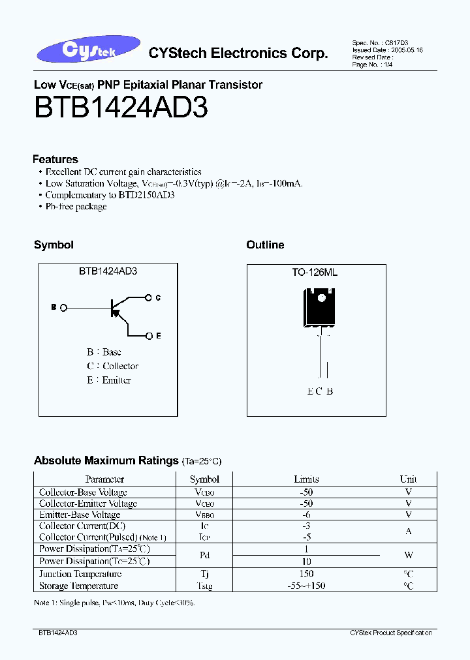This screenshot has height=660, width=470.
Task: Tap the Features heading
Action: pyautogui.click(x=55, y=159)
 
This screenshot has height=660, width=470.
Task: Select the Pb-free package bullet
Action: pyautogui.click(x=76, y=207)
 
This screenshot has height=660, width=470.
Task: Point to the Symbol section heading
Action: pyautogui.click(x=54, y=245)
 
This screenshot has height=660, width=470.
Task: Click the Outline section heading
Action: pyautogui.click(x=265, y=245)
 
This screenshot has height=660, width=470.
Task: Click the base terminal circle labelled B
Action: pyautogui.click(x=63, y=307)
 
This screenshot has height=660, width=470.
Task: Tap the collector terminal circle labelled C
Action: pyautogui.click(x=149, y=297)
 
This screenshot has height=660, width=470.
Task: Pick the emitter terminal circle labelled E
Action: pyautogui.click(x=149, y=336)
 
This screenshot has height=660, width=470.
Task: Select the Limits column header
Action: pyautogui.click(x=306, y=479)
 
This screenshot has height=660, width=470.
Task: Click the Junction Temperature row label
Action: pyautogui.click(x=80, y=574)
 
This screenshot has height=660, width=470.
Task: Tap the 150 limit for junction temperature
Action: pyautogui.click(x=306, y=574)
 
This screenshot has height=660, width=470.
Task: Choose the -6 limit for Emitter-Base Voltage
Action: pyautogui.click(x=306, y=515)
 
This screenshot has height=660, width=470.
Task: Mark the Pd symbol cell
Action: pyautogui.click(x=204, y=555)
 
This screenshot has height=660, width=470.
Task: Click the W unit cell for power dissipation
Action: pyautogui.click(x=409, y=555)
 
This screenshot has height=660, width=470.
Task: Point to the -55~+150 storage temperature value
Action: pyautogui.click(x=306, y=586)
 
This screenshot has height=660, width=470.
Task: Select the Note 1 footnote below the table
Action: pyautogui.click(x=114, y=603)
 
